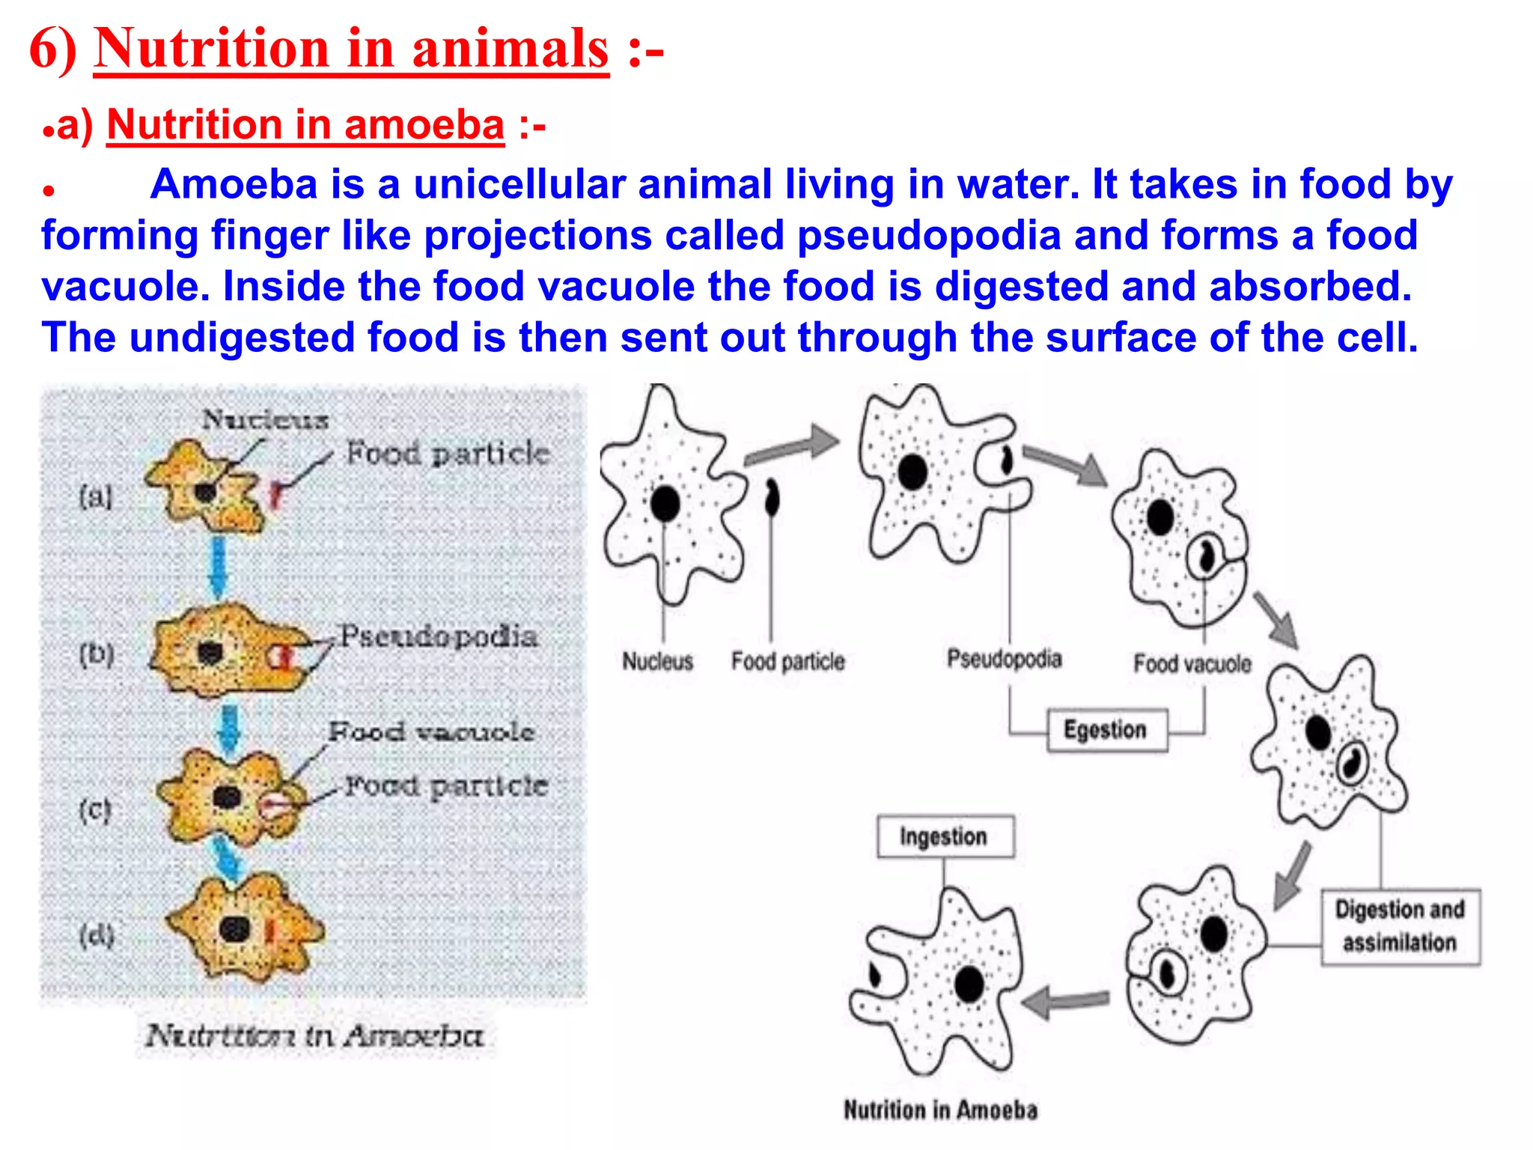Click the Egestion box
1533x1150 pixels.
point(1106,730)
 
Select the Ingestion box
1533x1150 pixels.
point(945,836)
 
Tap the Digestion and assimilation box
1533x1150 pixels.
point(1400,926)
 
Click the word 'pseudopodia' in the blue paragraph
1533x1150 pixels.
point(929,235)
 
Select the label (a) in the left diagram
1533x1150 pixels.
point(96,496)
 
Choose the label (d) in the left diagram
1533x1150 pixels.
point(97,935)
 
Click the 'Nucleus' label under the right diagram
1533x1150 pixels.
point(657,662)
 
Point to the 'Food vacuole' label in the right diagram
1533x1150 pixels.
point(1192,663)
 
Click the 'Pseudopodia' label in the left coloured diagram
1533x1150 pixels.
point(439,636)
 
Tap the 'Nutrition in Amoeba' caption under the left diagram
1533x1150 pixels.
point(314,1036)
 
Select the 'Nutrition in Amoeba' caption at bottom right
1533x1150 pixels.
point(940,1110)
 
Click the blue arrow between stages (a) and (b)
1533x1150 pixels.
point(219,566)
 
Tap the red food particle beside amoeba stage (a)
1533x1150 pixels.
point(276,495)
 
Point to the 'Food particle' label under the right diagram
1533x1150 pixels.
point(787,662)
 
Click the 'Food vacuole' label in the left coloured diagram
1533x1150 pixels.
point(431,731)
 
